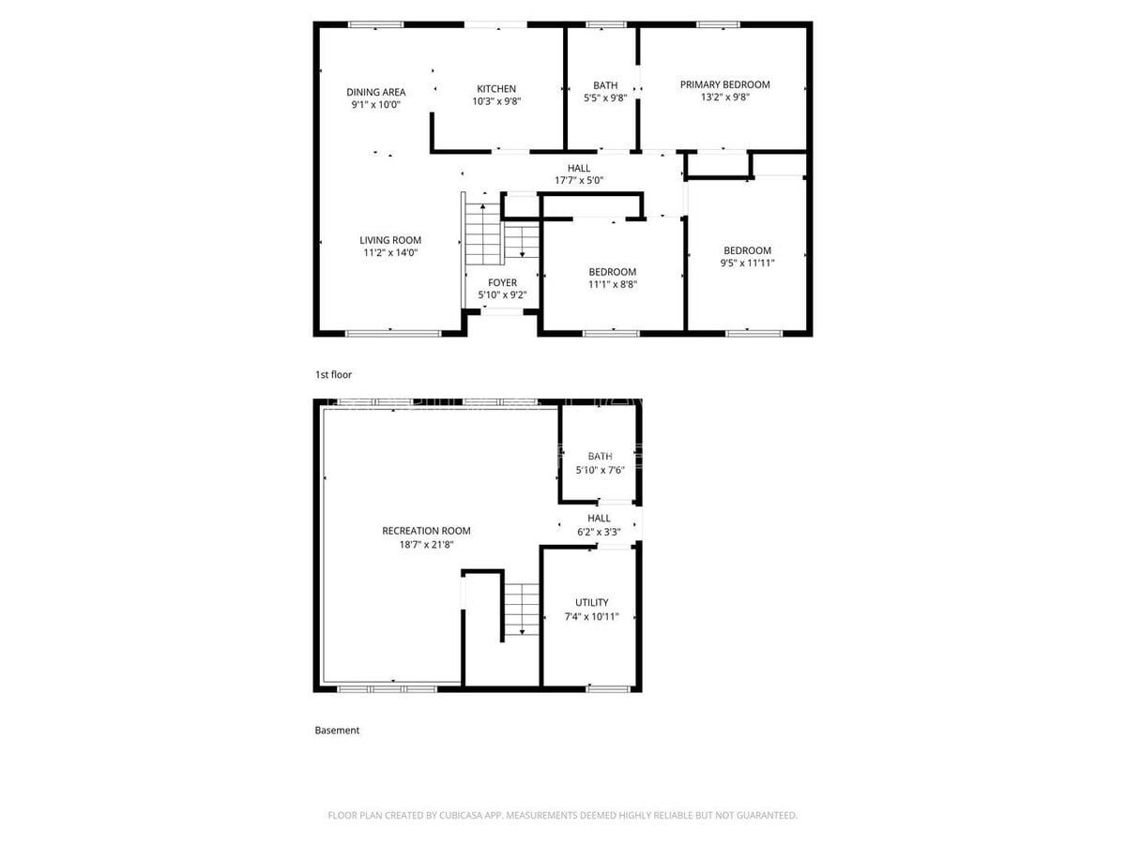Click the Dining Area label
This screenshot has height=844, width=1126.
375,92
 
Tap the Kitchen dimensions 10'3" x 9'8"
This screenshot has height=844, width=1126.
496,101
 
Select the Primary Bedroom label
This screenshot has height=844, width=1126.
724,84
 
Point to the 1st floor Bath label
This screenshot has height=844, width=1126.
605,85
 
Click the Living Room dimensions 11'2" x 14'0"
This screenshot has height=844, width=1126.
390,252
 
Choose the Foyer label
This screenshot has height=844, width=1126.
502,283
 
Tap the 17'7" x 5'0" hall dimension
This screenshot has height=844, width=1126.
579,180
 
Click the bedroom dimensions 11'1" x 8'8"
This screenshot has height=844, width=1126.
613,284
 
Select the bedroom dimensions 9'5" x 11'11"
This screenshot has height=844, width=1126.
747,264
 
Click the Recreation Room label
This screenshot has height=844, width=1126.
426,531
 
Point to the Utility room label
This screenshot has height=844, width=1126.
591,603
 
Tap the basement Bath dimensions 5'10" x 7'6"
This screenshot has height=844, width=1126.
600,470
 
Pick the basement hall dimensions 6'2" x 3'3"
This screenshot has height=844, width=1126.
599,532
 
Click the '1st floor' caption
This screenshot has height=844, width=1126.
333,374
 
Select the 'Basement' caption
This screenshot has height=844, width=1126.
337,731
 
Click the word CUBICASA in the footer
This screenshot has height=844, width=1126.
460,815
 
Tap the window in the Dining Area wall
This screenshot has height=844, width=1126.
375,24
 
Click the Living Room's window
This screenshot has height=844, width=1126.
393,334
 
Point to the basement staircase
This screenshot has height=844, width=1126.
521,610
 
